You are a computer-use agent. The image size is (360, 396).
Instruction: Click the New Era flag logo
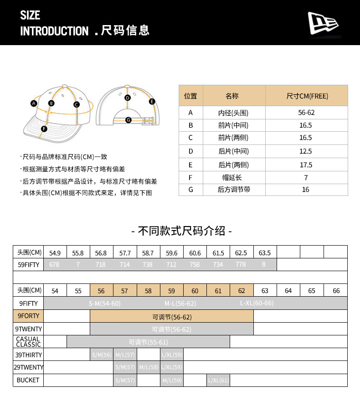click(323, 23)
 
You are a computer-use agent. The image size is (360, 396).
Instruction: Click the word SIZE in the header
click(30, 15)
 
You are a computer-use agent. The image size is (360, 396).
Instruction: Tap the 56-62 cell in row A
click(306, 113)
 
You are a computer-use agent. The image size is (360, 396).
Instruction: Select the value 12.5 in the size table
click(306, 151)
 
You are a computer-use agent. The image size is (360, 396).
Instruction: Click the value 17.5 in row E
click(306, 165)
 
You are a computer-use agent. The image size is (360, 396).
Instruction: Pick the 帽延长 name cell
click(234, 178)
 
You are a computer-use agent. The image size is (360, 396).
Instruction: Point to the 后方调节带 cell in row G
click(234, 190)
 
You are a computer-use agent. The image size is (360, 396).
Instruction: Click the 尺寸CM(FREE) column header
click(306, 96)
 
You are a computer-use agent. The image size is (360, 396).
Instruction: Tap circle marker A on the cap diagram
click(33, 103)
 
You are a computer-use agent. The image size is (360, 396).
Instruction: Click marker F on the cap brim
click(44, 129)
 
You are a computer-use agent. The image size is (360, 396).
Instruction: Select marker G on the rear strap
click(128, 120)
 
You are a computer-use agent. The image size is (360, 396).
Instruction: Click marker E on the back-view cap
click(152, 102)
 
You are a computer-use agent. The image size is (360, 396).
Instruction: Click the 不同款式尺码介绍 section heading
click(181, 231)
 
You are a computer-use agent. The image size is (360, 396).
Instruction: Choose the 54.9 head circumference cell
click(55, 252)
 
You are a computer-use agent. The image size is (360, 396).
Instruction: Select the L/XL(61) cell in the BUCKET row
click(218, 380)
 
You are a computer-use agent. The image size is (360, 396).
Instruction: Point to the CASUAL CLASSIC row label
click(28, 342)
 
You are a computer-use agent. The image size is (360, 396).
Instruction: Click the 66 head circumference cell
click(336, 291)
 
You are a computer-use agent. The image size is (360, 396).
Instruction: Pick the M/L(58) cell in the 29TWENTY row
click(148, 367)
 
